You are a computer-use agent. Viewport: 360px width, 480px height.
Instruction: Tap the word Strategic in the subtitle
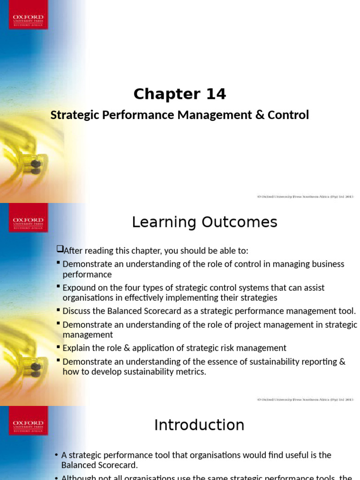coord(72,115)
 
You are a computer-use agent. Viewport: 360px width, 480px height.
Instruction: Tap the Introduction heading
coord(199,425)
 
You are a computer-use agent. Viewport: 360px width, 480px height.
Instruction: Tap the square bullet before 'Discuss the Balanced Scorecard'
coord(58,310)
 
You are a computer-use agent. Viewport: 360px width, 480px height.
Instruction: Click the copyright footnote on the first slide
coord(305,197)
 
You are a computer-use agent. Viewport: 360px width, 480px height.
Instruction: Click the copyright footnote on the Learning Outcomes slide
coord(305,400)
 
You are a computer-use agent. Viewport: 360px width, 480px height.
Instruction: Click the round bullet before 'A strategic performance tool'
coord(56,455)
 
